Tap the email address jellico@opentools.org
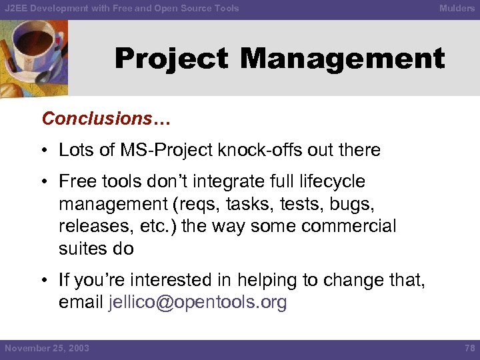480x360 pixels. (197, 302)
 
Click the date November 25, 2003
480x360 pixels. (47, 349)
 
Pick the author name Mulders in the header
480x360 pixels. (457, 9)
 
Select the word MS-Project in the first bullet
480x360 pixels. (170, 150)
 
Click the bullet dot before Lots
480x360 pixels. (49, 151)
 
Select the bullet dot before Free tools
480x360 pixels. (49, 182)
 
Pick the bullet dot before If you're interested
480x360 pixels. (49, 281)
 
